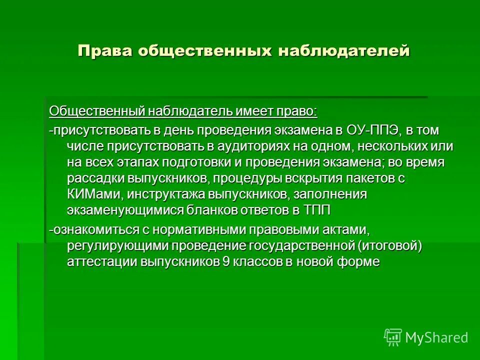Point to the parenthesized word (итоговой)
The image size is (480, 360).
[x=389, y=246]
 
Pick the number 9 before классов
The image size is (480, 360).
[x=226, y=262]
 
